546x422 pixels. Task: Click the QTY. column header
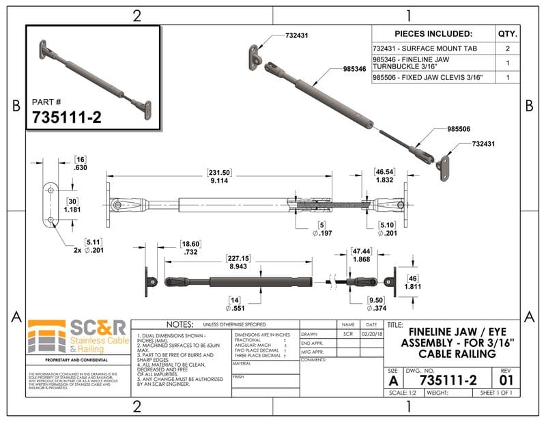(508, 33)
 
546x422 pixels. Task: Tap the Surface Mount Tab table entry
(423, 48)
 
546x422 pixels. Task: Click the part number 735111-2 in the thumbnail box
(67, 117)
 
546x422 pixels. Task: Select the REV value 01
(506, 379)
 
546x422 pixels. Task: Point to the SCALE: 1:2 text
(403, 393)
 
